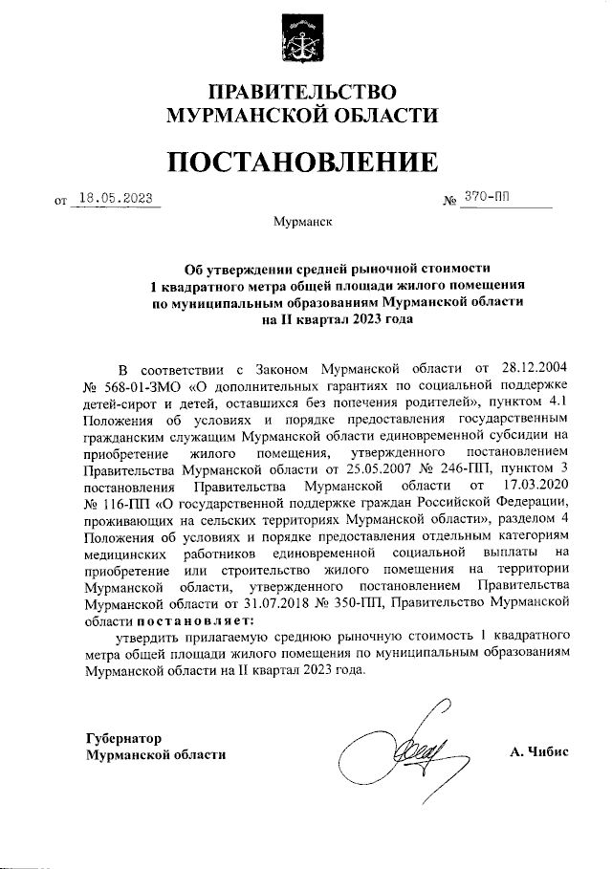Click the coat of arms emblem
tap(304, 39)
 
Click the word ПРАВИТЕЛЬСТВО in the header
tap(304, 93)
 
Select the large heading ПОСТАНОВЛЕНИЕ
tap(304, 162)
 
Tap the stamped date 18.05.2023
tap(116, 198)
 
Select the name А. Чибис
tap(539, 752)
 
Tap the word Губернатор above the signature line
tap(123, 737)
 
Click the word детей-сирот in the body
tap(120, 404)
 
